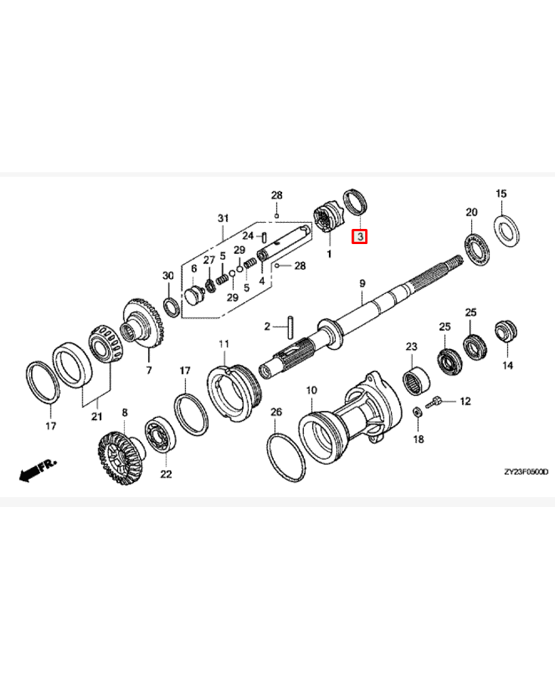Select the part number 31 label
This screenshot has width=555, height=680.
coord(223,219)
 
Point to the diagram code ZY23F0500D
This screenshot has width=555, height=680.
coord(524,471)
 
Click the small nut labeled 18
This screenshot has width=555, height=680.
coord(417,413)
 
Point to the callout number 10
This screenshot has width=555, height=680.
coord(309,391)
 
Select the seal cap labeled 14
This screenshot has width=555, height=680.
coord(504,331)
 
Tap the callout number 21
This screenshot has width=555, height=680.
coord(95,416)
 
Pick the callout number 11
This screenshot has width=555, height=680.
coord(224,345)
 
